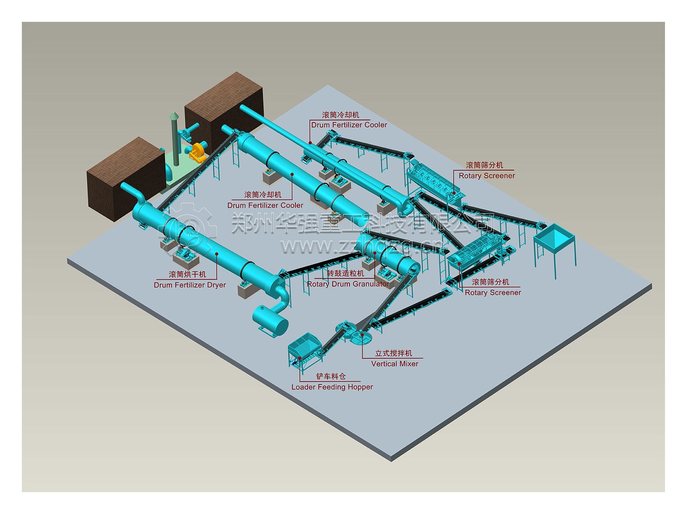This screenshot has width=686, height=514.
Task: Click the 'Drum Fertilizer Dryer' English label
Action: click(x=190, y=285)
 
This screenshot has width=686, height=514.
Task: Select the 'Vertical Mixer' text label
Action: click(x=394, y=364)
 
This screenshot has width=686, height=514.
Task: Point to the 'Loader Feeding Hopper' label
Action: click(x=332, y=387)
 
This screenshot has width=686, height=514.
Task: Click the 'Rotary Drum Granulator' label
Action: click(x=348, y=284)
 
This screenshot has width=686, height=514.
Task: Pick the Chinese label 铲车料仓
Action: click(x=331, y=377)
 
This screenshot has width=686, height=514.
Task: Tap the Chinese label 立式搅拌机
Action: click(x=393, y=353)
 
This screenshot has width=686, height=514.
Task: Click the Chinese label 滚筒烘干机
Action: click(x=187, y=275)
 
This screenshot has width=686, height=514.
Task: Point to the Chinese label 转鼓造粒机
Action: click(x=345, y=273)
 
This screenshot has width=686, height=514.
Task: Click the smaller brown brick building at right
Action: click(x=223, y=105)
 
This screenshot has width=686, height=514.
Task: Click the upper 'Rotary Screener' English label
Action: click(x=487, y=176)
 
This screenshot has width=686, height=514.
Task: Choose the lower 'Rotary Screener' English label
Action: click(x=493, y=293)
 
